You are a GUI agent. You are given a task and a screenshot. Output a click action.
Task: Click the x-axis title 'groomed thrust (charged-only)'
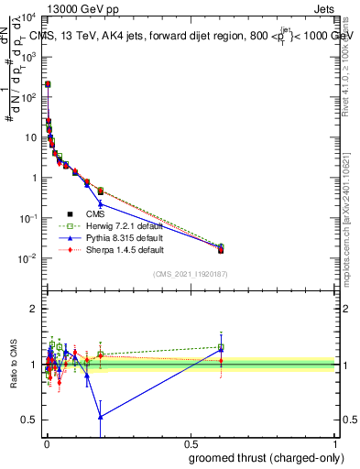coord(264,457)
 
